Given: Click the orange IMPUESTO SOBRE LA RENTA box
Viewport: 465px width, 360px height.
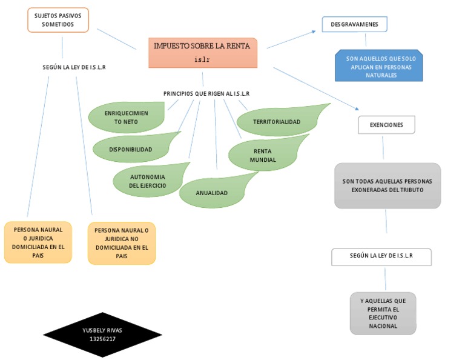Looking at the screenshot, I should [x=203, y=53].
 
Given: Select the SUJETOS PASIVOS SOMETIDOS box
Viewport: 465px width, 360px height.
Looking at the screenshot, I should [x=58, y=20].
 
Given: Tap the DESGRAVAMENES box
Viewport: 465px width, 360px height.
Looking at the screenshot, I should [x=354, y=24].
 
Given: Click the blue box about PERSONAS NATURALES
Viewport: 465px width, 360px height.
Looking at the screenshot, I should [x=380, y=67].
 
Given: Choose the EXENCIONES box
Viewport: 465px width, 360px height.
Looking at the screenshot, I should [x=386, y=124].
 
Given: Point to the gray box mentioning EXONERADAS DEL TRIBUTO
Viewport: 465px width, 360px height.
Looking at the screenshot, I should [x=387, y=185].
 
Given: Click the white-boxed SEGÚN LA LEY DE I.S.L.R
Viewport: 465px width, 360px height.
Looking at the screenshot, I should [x=381, y=256].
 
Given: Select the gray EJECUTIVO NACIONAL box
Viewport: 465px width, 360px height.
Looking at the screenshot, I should [x=383, y=313].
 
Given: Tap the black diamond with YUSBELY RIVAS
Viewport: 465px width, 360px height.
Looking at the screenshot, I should [x=102, y=334].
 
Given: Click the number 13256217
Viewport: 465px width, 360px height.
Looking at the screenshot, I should [x=102, y=339].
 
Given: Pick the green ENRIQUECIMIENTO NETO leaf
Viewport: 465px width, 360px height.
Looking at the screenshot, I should [x=127, y=117].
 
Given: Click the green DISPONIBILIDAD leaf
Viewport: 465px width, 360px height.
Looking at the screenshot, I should [x=131, y=149].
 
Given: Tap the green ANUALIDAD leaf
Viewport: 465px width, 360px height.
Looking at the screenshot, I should [x=212, y=193].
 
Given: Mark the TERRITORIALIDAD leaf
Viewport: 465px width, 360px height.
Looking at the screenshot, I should [x=277, y=122].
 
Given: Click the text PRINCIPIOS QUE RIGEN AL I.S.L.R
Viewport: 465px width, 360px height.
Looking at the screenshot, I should [x=206, y=93].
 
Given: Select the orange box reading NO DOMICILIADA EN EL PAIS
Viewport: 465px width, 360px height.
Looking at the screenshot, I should [x=122, y=243].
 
